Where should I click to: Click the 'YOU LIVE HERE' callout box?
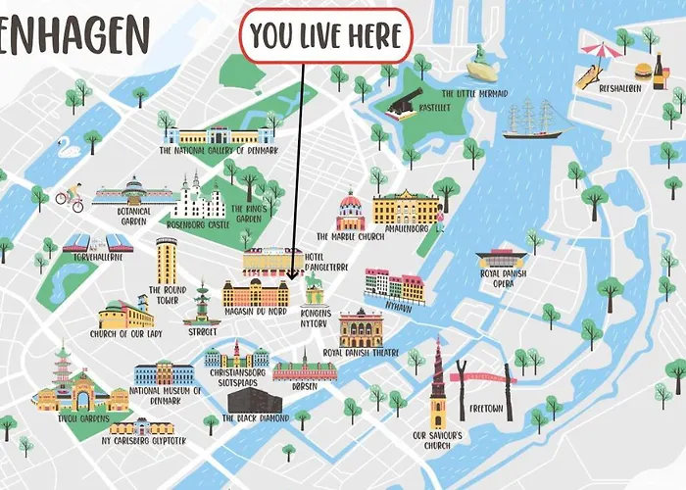coord(325,36)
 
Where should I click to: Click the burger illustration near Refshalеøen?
coord(644,71)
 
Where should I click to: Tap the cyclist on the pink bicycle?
coord(69,197)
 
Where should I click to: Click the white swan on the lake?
coord(68,150)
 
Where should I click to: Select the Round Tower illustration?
coord(167,260)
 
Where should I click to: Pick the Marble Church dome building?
coord(351,212)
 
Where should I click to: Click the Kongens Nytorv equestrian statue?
coord(315,288)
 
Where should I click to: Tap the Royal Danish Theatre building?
coord(361,328)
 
